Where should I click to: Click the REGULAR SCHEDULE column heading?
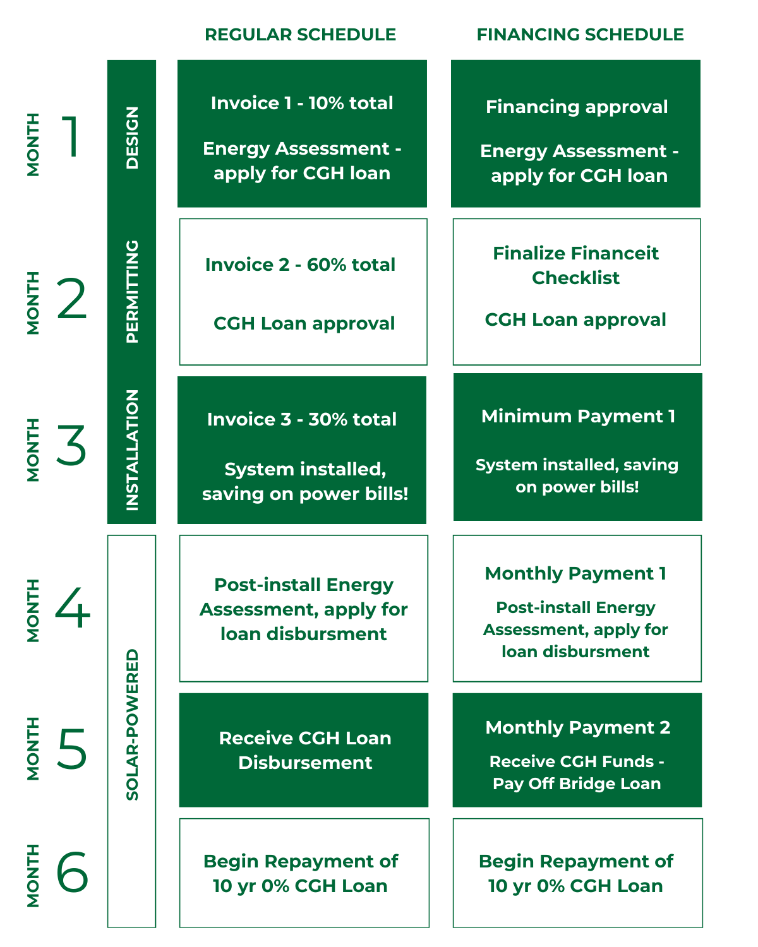coord(300,35)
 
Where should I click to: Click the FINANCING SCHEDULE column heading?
coord(580,35)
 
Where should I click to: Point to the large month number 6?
coord(72,871)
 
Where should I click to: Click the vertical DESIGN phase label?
coord(131,138)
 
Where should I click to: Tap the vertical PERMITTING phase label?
coord(131,291)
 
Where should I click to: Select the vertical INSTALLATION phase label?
coord(131,450)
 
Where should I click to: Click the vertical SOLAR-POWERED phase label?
coord(131,724)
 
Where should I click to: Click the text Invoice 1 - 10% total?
coord(302,103)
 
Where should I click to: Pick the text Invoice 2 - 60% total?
coord(300,265)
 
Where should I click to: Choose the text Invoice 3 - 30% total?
coord(302,419)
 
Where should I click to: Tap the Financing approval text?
coord(577,107)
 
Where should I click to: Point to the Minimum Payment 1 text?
coord(578,416)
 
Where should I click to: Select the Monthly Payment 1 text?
coord(575,573)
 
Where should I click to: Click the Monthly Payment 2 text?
coord(577,727)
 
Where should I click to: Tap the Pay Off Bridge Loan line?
coord(577,783)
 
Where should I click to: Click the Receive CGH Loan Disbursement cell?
coord(303,750)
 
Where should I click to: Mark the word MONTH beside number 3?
coord(33,450)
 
